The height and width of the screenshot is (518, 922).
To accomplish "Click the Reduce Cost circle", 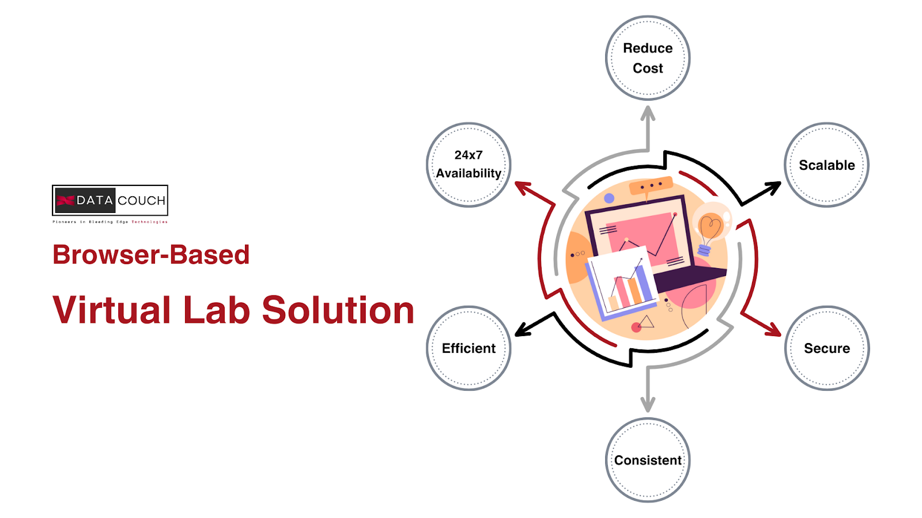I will pyautogui.click(x=648, y=58).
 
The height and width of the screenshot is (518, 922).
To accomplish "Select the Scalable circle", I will pyautogui.click(x=826, y=165).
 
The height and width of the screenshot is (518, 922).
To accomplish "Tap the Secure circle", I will pyautogui.click(x=826, y=348).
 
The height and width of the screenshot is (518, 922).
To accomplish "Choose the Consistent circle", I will pyautogui.click(x=648, y=460).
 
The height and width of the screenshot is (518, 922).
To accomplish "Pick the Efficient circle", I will pyautogui.click(x=468, y=348).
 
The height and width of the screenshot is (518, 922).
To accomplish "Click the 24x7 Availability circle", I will pyautogui.click(x=468, y=165).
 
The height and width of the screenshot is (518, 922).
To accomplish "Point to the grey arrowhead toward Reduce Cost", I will pyautogui.click(x=648, y=112).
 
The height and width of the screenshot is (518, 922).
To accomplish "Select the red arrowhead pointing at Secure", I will pyautogui.click(x=772, y=329).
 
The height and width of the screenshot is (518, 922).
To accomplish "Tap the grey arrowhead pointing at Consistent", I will pyautogui.click(x=648, y=405).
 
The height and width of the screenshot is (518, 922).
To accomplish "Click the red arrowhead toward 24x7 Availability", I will pyautogui.click(x=523, y=186).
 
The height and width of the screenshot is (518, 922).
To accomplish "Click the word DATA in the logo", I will pyautogui.click(x=94, y=200).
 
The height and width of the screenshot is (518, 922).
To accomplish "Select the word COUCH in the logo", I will pyautogui.click(x=141, y=200).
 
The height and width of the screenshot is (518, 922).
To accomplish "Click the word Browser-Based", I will pyautogui.click(x=151, y=255).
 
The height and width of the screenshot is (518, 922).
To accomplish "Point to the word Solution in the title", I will pyautogui.click(x=338, y=310).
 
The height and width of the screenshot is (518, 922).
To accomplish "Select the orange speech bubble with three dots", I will pyautogui.click(x=651, y=186).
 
